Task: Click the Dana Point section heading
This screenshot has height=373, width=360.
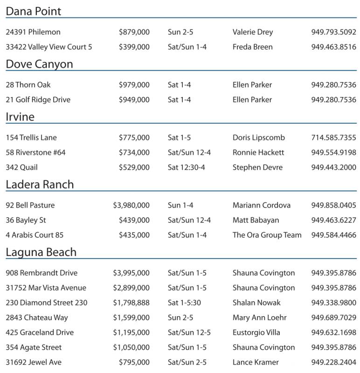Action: pyautogui.click(x=34, y=11)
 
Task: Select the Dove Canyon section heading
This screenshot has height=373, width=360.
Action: pyautogui.click(x=39, y=64)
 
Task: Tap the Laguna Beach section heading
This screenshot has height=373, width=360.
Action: pyautogui.click(x=41, y=252)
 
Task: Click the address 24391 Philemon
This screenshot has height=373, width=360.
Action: pyautogui.click(x=33, y=32)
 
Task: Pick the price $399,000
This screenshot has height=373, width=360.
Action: pyautogui.click(x=134, y=47)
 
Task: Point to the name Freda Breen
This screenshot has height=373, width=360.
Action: pyautogui.click(x=253, y=47)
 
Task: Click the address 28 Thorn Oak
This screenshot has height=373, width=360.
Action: pyautogui.click(x=28, y=85)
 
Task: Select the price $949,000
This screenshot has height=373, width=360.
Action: pyautogui.click(x=134, y=100)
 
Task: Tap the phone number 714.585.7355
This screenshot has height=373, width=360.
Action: pyautogui.click(x=333, y=138)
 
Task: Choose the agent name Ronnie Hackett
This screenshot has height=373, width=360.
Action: pyautogui.click(x=258, y=152)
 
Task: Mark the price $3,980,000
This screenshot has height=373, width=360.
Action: pyautogui.click(x=132, y=205)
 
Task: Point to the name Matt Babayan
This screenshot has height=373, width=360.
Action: pyautogui.click(x=256, y=220)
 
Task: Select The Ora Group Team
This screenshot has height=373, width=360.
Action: pyautogui.click(x=267, y=235)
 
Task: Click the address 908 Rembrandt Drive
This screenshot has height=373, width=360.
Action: pyautogui.click(x=42, y=273)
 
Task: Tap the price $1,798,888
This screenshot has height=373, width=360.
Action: pyautogui.click(x=132, y=303)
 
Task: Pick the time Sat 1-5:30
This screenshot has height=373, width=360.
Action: pyautogui.click(x=184, y=303)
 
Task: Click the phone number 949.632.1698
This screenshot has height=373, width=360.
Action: pyautogui.click(x=333, y=332)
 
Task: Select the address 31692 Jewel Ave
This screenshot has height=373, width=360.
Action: pyautogui.click(x=34, y=362)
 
